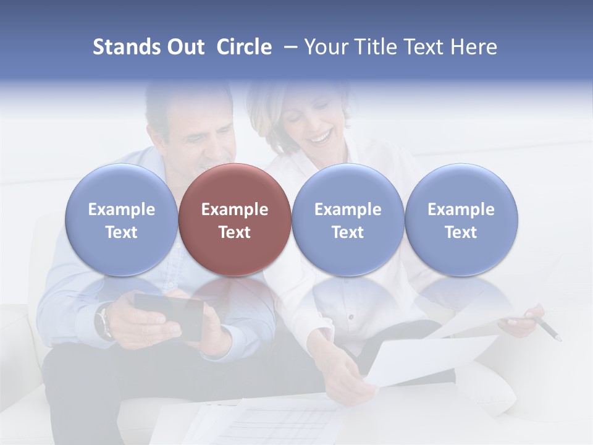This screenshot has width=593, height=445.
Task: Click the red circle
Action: coord(235,219)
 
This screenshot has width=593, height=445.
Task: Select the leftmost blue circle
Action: coord(122,219)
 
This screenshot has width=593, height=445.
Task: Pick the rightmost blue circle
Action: coord(461,219)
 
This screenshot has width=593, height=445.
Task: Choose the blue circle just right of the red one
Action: coord(348,219)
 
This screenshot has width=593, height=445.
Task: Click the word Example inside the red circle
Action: coord(235,210)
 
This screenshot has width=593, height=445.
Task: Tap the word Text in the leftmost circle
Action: coord(122,232)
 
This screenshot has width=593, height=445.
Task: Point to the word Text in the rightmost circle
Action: coord(461,232)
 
